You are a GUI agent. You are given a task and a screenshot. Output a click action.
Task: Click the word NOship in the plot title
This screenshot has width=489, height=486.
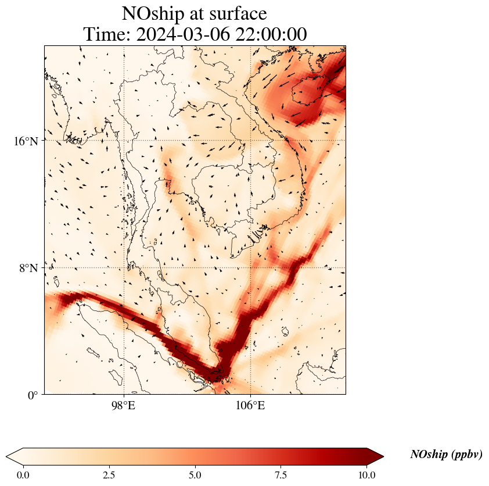tap(153, 13)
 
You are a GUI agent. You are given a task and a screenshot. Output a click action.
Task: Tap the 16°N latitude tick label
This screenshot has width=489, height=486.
tap(26, 141)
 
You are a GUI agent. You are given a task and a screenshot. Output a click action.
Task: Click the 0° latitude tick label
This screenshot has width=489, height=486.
tap(34, 395)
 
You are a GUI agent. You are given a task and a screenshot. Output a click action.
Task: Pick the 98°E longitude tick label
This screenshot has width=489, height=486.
tap(124, 405)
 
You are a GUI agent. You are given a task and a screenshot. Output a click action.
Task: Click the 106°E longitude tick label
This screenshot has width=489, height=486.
tap(250, 405)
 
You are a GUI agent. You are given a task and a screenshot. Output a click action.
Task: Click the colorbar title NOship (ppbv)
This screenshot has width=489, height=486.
tap(446, 455)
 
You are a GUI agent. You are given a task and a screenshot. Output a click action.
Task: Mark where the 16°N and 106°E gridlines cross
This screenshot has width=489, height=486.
tap(250, 141)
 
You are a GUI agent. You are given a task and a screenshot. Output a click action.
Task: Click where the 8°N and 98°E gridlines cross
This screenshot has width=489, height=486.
tap(124, 268)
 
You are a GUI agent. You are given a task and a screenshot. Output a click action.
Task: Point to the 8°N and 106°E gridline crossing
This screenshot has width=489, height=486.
tap(250, 268)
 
